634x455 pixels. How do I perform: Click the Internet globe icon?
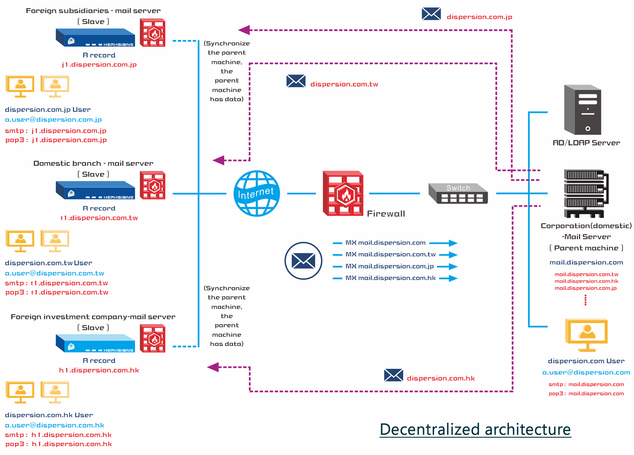coord(257,193)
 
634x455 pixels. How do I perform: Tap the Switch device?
coord(458,194)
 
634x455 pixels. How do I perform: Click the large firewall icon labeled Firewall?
coord(343,193)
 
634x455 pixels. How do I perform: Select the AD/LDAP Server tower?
coord(582,110)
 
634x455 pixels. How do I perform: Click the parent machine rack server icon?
coord(586,193)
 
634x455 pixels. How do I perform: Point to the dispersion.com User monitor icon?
coord(587,334)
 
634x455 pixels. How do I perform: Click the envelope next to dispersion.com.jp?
coord(431,14)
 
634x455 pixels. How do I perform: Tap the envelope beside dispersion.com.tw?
coord(296,81)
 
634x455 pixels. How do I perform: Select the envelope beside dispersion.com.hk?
coord(394,375)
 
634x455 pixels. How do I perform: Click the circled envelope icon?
coord(303,260)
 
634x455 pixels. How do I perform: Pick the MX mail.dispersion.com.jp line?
coord(390,266)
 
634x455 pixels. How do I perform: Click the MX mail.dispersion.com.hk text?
coord(391,278)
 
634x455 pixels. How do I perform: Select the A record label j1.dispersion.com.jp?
coord(99,65)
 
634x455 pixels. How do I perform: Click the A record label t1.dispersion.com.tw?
coord(99,218)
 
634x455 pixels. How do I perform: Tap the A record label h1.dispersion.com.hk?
coord(99,370)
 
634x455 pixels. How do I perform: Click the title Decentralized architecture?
coord(475,429)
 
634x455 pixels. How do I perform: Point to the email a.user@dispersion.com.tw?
coord(55,273)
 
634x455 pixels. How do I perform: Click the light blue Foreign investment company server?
coord(96,343)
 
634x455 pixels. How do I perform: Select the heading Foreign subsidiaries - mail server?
coord(93,11)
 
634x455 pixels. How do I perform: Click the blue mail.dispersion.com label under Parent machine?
coord(586,263)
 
